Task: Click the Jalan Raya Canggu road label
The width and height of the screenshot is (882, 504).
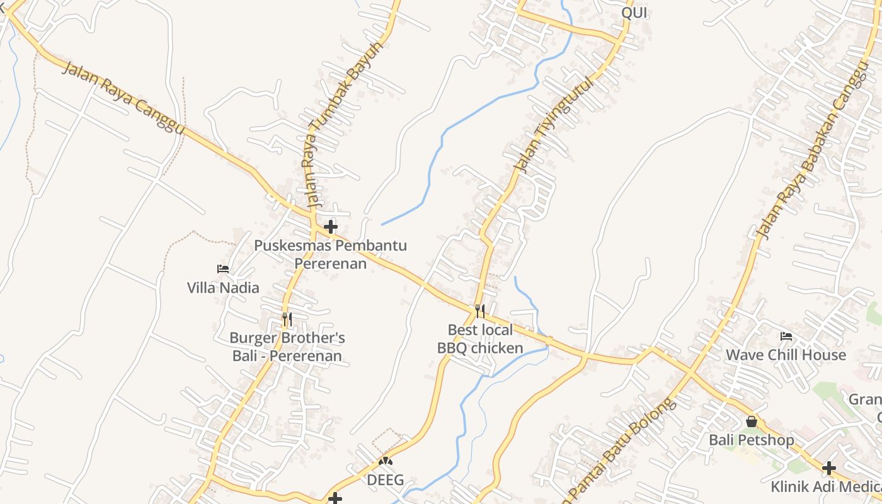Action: pos(123,98)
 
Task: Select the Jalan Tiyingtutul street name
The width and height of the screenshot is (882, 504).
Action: pos(554,124)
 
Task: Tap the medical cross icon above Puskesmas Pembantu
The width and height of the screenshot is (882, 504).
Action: pos(331,226)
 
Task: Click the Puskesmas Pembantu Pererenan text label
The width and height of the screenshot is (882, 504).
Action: pos(331,254)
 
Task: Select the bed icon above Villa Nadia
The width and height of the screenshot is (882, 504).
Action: pos(223,269)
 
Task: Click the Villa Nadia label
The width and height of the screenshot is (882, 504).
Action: pos(223,288)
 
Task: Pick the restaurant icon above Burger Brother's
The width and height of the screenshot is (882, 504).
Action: pos(287,319)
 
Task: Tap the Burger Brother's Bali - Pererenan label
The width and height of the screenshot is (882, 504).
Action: pos(287,347)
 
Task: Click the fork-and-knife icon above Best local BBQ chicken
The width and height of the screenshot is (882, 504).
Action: pos(480,311)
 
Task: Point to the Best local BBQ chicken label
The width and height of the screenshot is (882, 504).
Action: pos(480,339)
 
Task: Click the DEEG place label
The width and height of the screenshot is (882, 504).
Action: pos(386,480)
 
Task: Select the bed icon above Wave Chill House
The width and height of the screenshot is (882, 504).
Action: pos(786,336)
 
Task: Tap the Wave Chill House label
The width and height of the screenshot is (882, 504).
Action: pos(786,355)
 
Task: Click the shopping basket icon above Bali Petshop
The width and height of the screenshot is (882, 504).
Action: pos(752,421)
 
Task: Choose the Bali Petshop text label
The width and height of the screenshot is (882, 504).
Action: pos(752,440)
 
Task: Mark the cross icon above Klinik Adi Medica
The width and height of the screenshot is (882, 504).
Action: pos(829,468)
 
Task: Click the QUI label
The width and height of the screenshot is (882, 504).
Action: pos(634,13)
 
